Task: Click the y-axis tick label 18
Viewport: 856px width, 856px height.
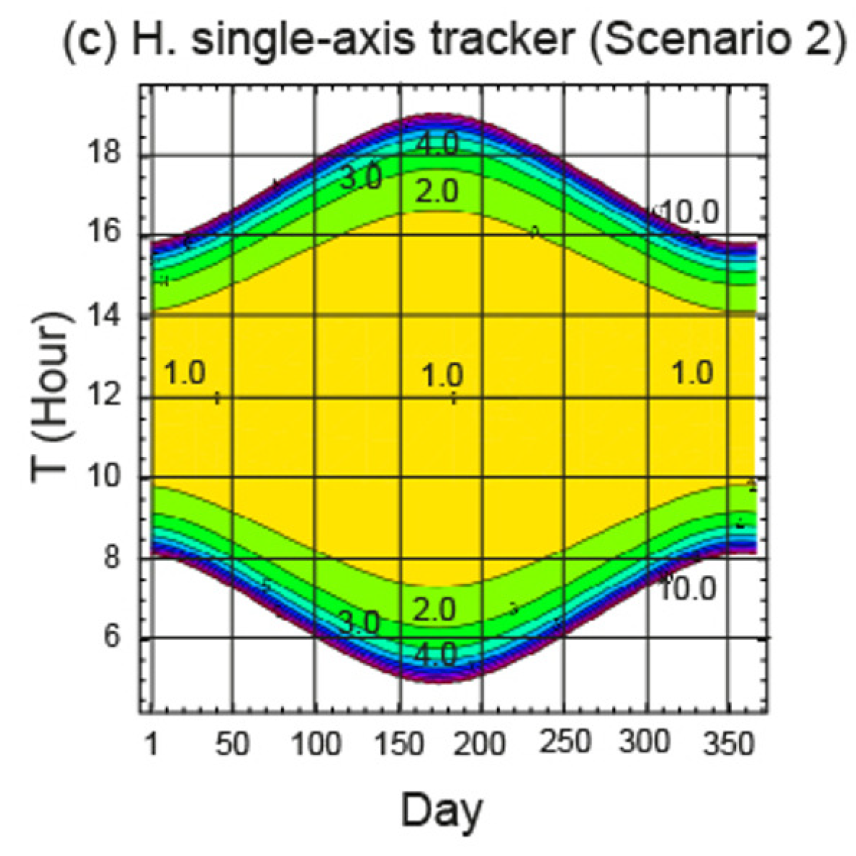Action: pyautogui.click(x=104, y=152)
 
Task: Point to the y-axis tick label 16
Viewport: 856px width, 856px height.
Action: pyautogui.click(x=104, y=232)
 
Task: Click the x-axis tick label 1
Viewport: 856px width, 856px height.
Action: pyautogui.click(x=152, y=744)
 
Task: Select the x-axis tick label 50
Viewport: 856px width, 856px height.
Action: pyautogui.click(x=232, y=744)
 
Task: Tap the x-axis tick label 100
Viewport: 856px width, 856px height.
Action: pyautogui.click(x=316, y=744)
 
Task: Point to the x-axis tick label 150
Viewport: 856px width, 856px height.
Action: pyautogui.click(x=399, y=744)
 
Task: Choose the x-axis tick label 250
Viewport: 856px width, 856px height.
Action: pyautogui.click(x=564, y=742)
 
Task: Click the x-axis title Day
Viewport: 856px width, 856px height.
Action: pyautogui.click(x=442, y=810)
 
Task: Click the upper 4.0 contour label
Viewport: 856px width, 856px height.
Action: pyautogui.click(x=437, y=144)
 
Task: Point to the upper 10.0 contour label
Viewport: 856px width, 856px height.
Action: pyautogui.click(x=690, y=212)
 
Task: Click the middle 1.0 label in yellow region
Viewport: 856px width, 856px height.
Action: pyautogui.click(x=442, y=376)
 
